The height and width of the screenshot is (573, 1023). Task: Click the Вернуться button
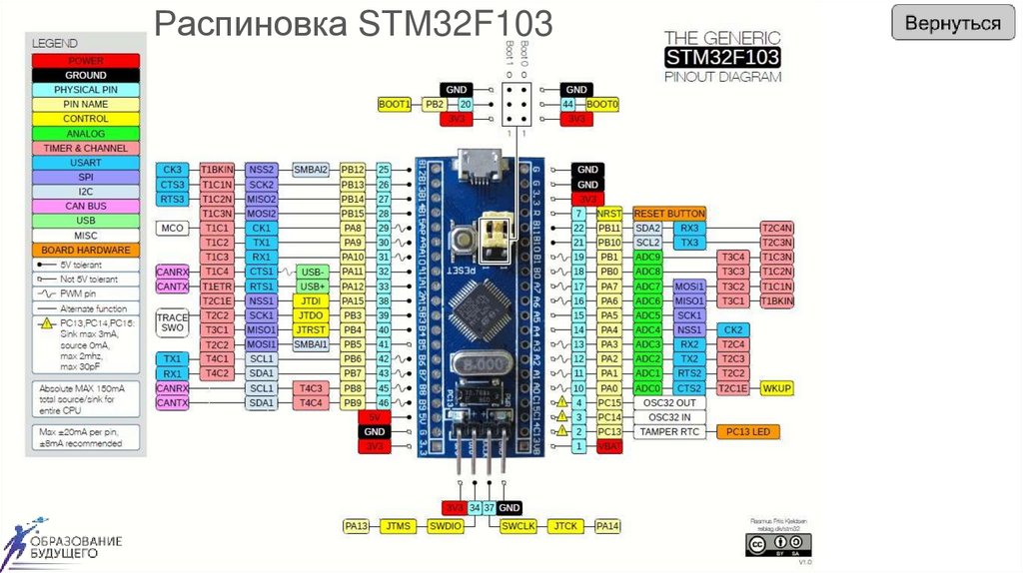[952, 24]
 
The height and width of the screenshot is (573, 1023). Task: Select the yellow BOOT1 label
[395, 104]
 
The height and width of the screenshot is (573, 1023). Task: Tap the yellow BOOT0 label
[603, 104]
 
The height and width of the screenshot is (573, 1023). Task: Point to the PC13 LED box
[748, 431]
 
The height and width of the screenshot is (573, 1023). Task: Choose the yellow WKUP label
[775, 388]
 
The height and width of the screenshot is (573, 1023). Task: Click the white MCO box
[170, 229]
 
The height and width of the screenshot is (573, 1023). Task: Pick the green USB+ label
[312, 286]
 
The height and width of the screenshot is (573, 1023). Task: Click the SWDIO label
[445, 525]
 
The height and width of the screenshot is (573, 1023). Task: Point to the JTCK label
[566, 525]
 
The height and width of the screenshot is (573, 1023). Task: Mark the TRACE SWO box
[171, 322]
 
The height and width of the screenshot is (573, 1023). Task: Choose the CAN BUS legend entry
[86, 206]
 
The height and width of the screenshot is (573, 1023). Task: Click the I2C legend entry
[86, 192]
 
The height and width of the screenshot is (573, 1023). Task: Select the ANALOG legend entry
[86, 134]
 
